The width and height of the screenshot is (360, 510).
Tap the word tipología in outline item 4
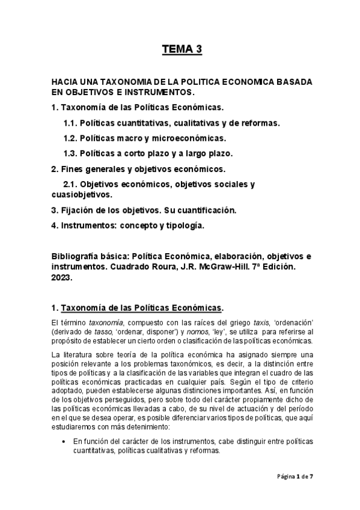(183, 226)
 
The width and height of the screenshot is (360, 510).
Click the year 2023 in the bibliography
(63, 278)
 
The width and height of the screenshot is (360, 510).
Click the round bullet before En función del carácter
(64, 441)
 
